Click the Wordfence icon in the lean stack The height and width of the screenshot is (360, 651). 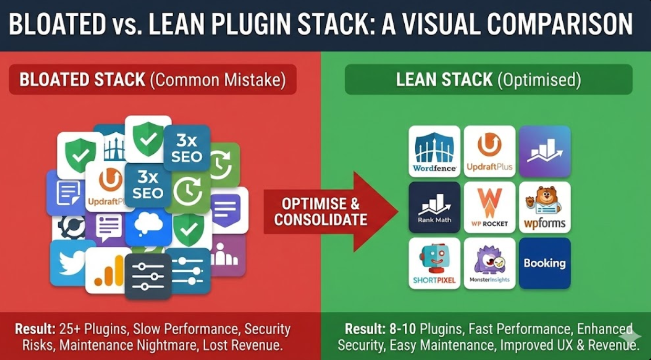(434, 151)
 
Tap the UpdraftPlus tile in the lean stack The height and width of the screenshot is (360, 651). (489, 151)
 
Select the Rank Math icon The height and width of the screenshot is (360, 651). (434, 207)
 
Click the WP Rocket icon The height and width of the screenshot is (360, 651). (489, 207)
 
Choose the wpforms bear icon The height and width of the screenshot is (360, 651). (544, 207)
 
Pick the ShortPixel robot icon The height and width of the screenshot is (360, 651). (434, 263)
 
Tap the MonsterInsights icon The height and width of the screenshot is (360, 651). (489, 263)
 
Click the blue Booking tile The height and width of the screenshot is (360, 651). (544, 263)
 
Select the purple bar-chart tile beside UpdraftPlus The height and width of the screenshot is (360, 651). (544, 151)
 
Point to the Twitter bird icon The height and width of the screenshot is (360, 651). (71, 262)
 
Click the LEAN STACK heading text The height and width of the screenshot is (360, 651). (444, 80)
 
